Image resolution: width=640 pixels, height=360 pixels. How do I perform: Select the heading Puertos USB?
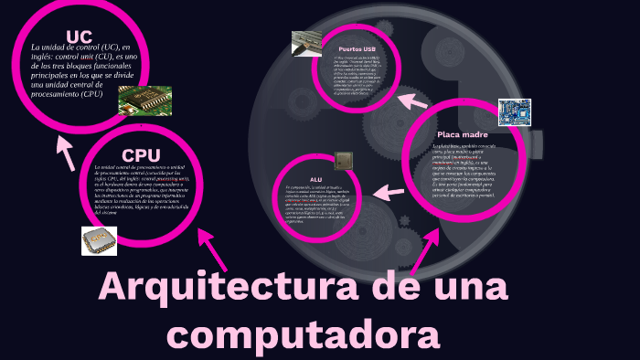[357, 48]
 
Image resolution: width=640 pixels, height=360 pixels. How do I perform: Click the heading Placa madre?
[462, 135]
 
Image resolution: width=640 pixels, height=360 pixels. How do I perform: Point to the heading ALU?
[316, 180]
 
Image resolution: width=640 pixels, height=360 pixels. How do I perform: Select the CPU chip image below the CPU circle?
[100, 239]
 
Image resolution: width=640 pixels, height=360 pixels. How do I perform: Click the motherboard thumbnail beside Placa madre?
[514, 112]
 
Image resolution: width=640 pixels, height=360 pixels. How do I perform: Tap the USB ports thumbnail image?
[306, 43]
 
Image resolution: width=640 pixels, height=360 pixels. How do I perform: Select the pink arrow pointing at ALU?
[388, 192]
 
